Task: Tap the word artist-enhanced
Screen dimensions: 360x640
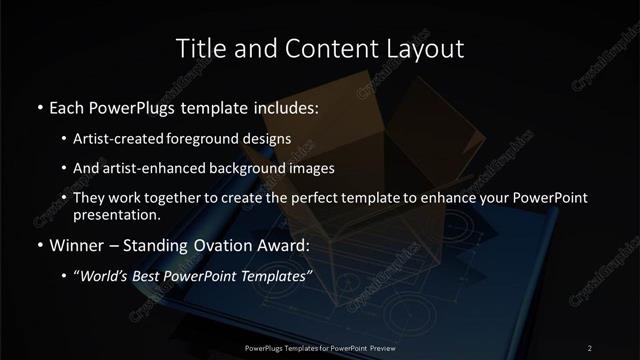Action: pyautogui.click(x=152, y=168)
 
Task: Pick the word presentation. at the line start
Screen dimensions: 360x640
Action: pyautogui.click(x=116, y=214)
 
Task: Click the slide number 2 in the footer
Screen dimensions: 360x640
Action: pyautogui.click(x=589, y=347)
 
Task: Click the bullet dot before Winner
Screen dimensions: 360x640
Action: pyautogui.click(x=39, y=244)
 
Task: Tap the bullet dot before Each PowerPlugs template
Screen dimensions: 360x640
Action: pyautogui.click(x=39, y=107)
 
